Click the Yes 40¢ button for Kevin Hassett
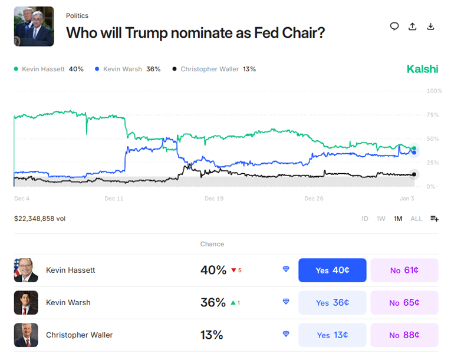pos(333,270)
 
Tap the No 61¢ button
pos(404,270)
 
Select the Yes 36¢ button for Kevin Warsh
pos(333,303)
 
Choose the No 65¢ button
pos(404,303)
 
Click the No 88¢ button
pos(404,335)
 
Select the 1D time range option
pos(365,219)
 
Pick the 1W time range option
pos(381,219)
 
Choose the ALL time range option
pos(416,219)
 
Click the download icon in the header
pos(431,27)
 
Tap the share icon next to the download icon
pos(413,27)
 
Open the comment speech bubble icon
pos(394,27)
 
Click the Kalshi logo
pos(422,69)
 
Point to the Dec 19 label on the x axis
pos(214,199)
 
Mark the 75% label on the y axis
pos(433,115)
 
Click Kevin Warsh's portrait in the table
pos(26,303)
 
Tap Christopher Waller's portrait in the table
pos(26,335)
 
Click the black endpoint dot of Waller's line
pos(414,174)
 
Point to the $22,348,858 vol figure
pos(39,219)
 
